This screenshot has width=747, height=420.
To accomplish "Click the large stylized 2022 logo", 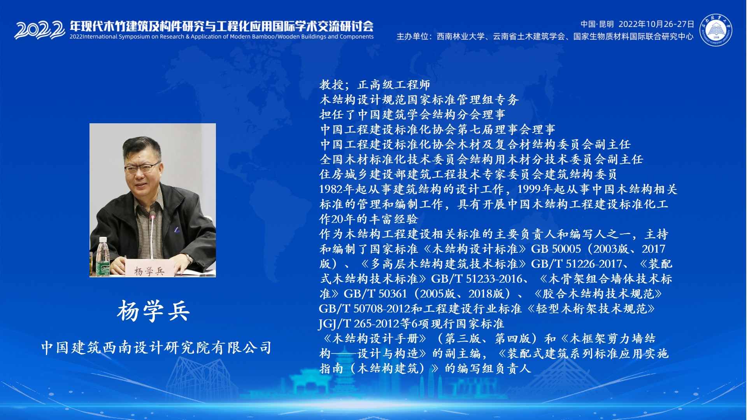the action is [40, 30].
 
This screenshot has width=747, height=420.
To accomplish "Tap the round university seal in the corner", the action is [716, 30].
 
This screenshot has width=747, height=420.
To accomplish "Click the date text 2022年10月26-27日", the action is [656, 24].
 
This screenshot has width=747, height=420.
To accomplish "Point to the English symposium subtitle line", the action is [221, 37].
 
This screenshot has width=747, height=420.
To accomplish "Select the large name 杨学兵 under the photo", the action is [153, 311].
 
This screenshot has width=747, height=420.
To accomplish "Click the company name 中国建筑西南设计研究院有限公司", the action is [156, 347].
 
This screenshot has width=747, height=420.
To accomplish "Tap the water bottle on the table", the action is [103, 257].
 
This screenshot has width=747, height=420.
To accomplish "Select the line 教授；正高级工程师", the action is [375, 84].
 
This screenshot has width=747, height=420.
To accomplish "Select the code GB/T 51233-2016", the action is [477, 279].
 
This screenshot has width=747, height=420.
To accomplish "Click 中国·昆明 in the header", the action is [597, 24].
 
